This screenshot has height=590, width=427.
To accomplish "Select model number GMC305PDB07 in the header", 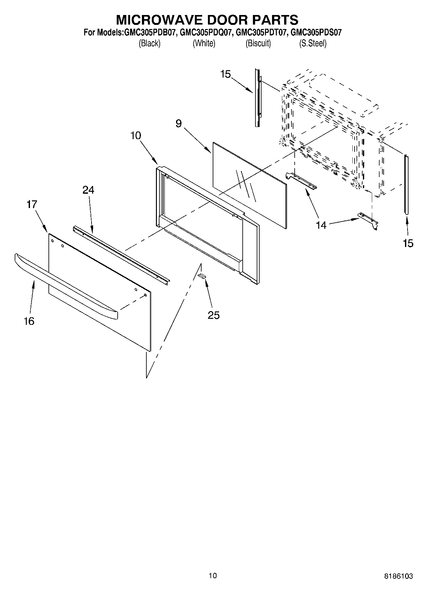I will pyautogui.click(x=149, y=33).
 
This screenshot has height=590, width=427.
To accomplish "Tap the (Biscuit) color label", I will pyautogui.click(x=258, y=43).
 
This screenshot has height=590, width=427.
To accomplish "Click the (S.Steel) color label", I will pyautogui.click(x=313, y=43).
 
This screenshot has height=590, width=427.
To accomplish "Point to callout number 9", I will pyautogui.click(x=179, y=123).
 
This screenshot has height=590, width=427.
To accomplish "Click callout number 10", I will pyautogui.click(x=136, y=136).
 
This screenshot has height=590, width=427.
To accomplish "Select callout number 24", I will pyautogui.click(x=88, y=190).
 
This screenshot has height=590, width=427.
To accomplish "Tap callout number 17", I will pyautogui.click(x=32, y=204).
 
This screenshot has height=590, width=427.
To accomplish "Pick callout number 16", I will pyautogui.click(x=29, y=321).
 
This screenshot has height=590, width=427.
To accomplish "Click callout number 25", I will pyautogui.click(x=214, y=315).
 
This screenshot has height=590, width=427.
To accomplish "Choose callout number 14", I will pyautogui.click(x=321, y=225).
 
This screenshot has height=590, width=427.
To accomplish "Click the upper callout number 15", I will pyautogui.click(x=225, y=74).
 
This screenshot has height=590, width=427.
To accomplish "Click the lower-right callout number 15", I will pyautogui.click(x=408, y=243).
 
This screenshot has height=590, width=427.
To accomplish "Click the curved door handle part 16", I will pyautogui.click(x=64, y=284).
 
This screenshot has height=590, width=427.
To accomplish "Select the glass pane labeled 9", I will pyautogui.click(x=249, y=185).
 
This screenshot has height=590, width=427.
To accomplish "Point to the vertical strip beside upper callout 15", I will pyautogui.click(x=257, y=97).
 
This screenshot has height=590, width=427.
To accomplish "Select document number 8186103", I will pyautogui.click(x=398, y=576).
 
